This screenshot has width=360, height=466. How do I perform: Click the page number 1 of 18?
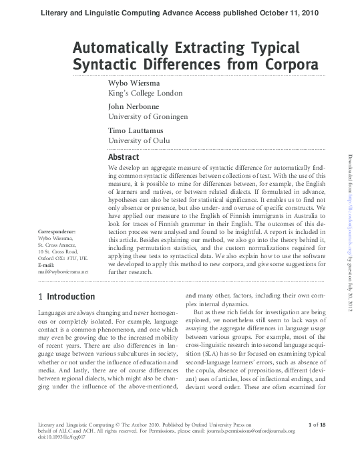point(317,425)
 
